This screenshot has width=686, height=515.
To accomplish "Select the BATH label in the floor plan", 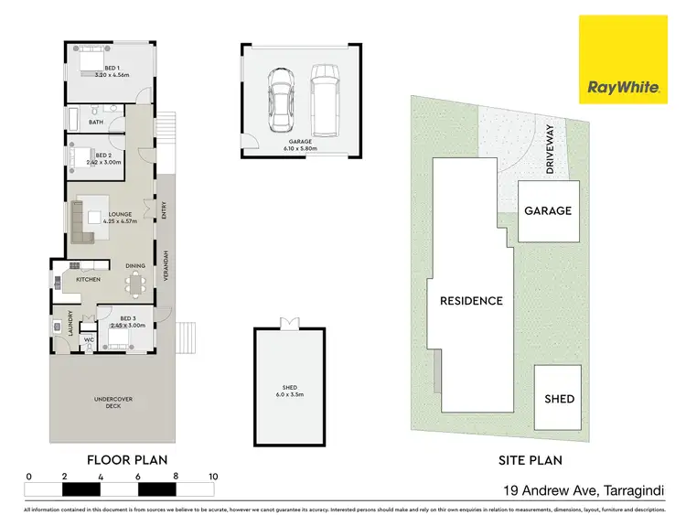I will click(96, 121).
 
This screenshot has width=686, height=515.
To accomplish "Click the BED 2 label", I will click(102, 159).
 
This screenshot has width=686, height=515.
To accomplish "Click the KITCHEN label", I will click(88, 279).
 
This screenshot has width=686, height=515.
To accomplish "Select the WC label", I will click(90, 340).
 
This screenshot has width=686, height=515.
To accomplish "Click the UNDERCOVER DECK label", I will click(106, 402).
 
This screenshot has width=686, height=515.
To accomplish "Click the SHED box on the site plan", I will click(559, 398).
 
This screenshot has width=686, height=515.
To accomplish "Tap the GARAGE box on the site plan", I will click(547, 210).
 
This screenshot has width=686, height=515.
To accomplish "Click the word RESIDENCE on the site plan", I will click(471, 300).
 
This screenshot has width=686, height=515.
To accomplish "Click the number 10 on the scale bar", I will click(212, 477).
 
